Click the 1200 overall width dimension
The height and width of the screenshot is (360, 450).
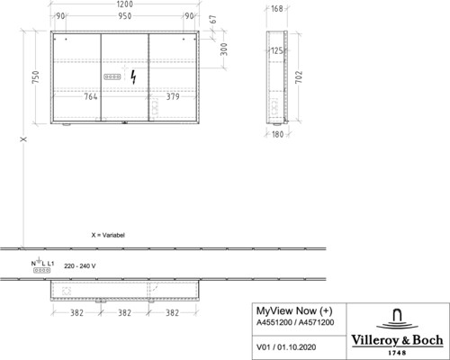[x=124, y=4]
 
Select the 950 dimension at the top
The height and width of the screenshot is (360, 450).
[x=125, y=16]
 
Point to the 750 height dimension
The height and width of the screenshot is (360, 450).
[x=36, y=77]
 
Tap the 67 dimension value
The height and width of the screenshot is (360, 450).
[x=213, y=20]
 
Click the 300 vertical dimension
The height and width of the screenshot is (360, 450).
[x=224, y=49]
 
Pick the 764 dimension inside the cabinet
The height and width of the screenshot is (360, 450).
[x=91, y=96]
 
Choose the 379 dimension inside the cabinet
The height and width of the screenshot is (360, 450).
[x=173, y=96]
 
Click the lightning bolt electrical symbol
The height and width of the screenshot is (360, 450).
[x=133, y=77]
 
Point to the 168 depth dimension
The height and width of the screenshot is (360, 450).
[x=277, y=9]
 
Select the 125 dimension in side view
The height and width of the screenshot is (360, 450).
[x=277, y=50]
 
